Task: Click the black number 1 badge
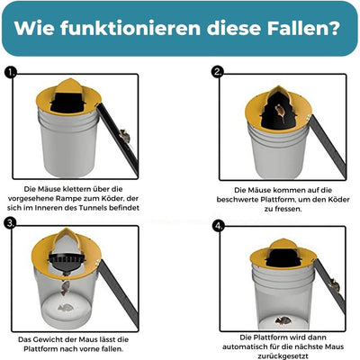tap(11, 74)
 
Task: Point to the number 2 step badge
tap(217, 72)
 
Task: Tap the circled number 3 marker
tap(11, 221)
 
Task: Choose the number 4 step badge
tap(217, 227)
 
